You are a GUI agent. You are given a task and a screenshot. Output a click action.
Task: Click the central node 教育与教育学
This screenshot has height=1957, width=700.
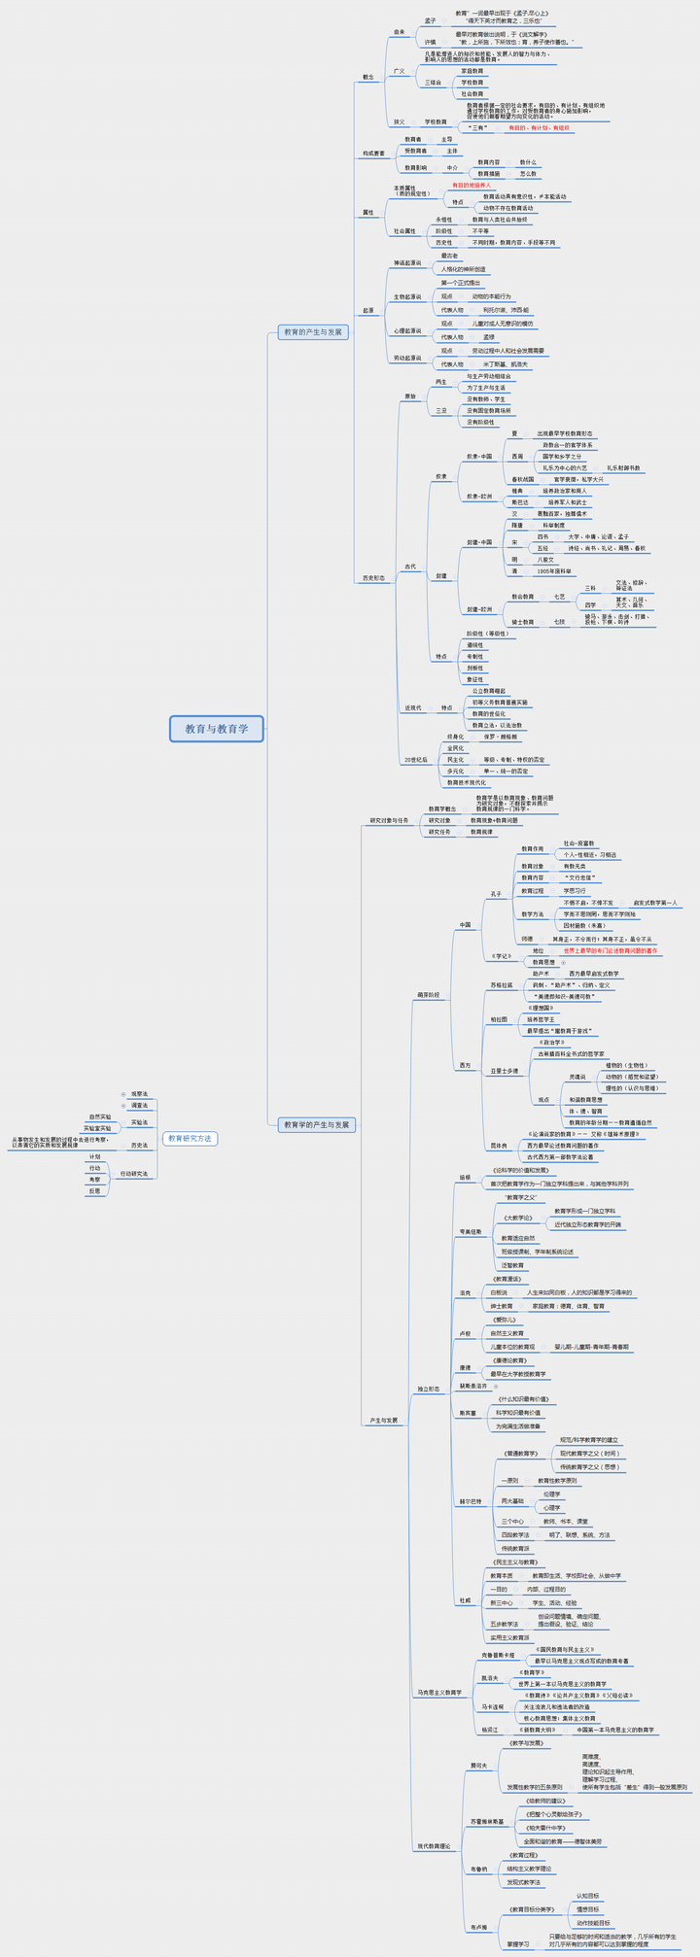217,729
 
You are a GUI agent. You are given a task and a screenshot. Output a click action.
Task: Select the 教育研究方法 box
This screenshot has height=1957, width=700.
190,1138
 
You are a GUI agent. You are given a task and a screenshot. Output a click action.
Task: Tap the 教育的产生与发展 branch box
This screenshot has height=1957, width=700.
313,332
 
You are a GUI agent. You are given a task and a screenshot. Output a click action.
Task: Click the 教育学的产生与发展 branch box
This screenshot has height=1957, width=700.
318,1124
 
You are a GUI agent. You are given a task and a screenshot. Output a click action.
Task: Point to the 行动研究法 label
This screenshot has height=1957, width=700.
135,1174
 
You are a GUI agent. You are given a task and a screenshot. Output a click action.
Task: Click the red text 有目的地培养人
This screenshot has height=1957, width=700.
472,185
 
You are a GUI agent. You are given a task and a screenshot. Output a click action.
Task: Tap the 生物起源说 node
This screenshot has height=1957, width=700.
407,297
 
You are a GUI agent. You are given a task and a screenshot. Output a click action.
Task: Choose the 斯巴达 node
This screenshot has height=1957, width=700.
521,502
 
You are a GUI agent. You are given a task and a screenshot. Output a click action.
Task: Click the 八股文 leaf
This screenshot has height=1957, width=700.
545,560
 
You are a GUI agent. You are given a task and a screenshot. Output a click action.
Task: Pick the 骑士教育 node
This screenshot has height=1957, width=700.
523,622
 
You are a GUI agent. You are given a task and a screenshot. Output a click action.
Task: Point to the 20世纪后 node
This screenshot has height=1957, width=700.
416,760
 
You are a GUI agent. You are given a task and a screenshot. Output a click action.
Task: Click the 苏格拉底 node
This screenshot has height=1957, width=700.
502,985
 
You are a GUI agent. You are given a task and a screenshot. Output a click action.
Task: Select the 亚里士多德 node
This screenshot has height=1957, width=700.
505,1071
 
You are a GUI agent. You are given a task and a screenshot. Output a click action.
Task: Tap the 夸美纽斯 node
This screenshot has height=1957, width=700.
471,1232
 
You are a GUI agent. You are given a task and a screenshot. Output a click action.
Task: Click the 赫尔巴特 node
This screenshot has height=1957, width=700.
471,1501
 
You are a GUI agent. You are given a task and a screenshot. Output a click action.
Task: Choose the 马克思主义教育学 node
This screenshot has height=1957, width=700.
439,1693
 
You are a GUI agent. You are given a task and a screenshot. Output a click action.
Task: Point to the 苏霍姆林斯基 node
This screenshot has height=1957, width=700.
488,1821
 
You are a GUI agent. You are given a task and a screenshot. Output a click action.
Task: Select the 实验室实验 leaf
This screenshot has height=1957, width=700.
97,1129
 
